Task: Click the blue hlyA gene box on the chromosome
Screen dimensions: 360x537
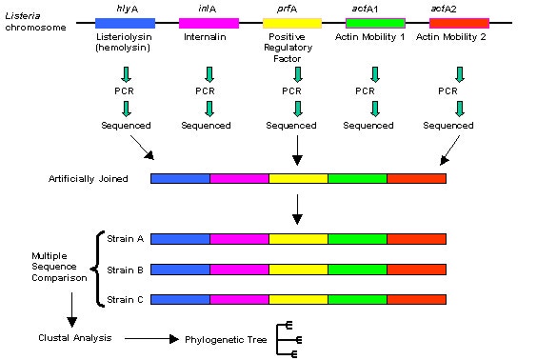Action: tap(125, 22)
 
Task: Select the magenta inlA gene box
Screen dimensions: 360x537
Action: tap(209, 22)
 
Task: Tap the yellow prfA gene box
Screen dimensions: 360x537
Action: tap(291, 22)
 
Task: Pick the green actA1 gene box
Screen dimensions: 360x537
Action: tap(374, 22)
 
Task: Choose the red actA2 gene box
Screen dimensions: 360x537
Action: tap(459, 22)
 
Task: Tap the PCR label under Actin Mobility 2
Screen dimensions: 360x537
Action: tap(460, 90)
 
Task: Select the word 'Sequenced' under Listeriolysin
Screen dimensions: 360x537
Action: tap(126, 125)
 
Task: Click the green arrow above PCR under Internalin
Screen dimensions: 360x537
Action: tap(209, 73)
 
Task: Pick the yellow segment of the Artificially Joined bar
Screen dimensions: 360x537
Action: tap(298, 178)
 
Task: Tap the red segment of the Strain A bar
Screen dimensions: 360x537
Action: tap(416, 239)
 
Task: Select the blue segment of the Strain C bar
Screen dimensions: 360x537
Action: tap(180, 299)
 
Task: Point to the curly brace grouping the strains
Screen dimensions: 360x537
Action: tap(97, 270)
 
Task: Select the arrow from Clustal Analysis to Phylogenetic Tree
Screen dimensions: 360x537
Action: tap(148, 338)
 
